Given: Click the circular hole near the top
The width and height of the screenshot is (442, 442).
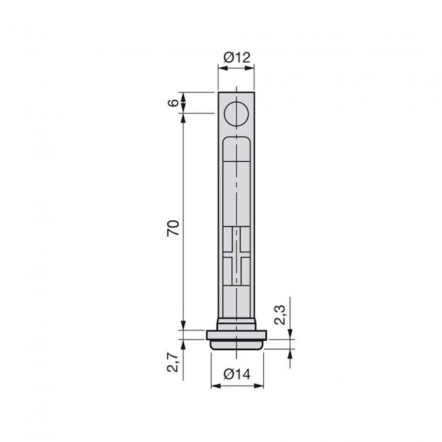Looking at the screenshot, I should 237,113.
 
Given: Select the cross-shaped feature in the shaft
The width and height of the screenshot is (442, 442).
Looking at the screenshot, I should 237,256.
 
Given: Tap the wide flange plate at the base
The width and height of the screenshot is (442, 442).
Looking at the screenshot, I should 237,335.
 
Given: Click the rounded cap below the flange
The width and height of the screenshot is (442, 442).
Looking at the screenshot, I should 237,344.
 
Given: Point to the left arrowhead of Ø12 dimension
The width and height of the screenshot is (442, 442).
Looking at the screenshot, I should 221,68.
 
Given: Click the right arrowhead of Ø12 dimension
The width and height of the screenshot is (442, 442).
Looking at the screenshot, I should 252,68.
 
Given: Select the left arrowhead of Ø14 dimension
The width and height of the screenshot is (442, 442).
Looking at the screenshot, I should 214,386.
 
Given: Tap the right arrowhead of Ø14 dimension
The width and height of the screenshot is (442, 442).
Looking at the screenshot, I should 260,386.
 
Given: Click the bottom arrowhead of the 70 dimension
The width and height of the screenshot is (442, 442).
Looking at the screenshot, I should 182,326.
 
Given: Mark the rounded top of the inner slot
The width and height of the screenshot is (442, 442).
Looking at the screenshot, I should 237,139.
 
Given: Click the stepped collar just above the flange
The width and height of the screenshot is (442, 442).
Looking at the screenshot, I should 237,324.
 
